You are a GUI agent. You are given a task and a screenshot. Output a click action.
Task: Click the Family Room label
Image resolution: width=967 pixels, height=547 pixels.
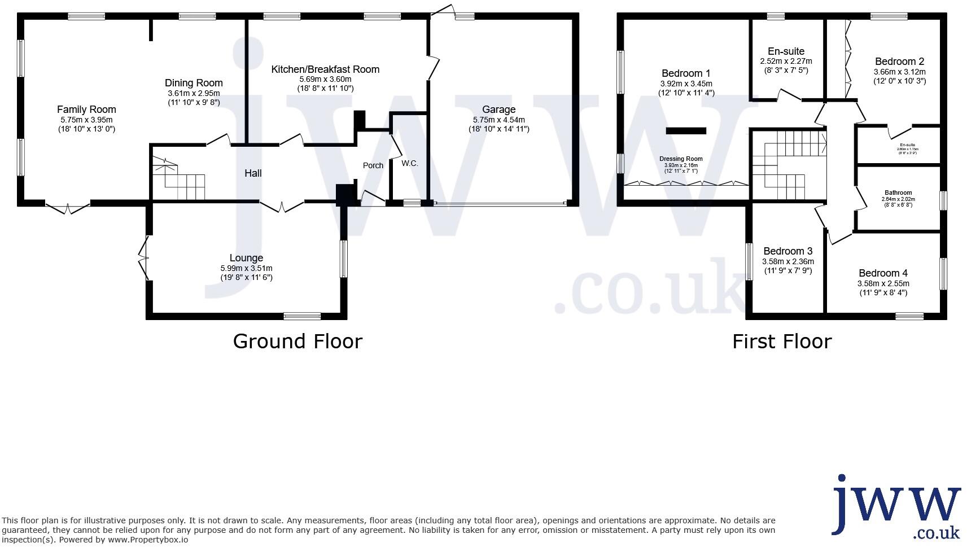(86, 110)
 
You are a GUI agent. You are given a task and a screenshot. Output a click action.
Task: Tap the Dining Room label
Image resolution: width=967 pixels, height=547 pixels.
(194, 84)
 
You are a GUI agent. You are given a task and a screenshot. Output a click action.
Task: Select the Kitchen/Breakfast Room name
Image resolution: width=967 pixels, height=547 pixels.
(325, 69)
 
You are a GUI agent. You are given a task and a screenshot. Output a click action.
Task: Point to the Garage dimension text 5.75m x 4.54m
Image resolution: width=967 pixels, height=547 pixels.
(498, 120)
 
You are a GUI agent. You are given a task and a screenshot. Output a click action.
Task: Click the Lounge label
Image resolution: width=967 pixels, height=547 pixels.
(246, 259)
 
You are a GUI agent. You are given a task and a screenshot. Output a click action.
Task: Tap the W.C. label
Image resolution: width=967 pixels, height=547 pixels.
(410, 164)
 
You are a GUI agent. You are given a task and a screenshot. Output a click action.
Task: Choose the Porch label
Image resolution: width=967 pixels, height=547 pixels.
(373, 165)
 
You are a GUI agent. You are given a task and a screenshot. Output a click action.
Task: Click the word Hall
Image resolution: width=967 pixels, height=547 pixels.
(253, 173)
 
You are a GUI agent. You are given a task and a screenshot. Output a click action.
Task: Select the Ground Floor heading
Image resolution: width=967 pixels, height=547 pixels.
(297, 342)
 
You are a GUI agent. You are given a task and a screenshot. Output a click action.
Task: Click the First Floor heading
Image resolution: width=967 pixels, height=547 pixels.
(782, 342)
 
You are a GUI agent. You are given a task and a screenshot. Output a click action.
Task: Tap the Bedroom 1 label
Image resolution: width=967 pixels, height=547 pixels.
(686, 73)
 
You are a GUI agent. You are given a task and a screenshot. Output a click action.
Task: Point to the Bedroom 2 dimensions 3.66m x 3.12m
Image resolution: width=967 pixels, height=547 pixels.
(899, 72)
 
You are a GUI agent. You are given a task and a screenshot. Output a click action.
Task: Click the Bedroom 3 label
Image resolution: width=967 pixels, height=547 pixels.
(787, 251)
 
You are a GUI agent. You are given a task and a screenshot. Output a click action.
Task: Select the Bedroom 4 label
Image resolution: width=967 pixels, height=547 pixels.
(883, 273)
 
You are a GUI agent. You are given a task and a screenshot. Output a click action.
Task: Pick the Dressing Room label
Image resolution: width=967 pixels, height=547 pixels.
(681, 159)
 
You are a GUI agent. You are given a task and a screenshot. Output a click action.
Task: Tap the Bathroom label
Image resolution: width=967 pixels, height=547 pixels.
(898, 192)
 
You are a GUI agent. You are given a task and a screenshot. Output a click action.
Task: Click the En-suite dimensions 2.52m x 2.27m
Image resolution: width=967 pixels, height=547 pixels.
(786, 61)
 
